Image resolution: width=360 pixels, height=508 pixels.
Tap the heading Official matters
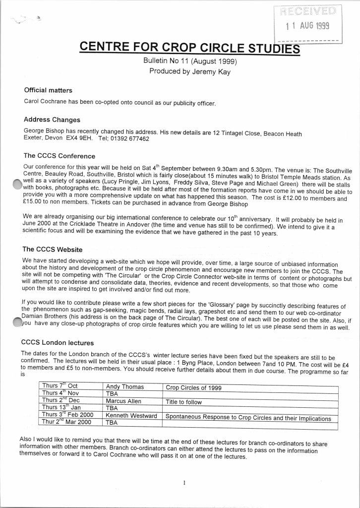click(x=48, y=91)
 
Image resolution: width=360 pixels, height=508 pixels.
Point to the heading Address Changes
click(x=52, y=120)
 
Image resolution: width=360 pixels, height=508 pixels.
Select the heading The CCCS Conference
click(x=56, y=156)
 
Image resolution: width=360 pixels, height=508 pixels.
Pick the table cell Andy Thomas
click(x=124, y=386)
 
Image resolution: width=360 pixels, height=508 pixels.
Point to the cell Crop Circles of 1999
click(x=194, y=387)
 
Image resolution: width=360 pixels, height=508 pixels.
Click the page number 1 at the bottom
click(x=183, y=481)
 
